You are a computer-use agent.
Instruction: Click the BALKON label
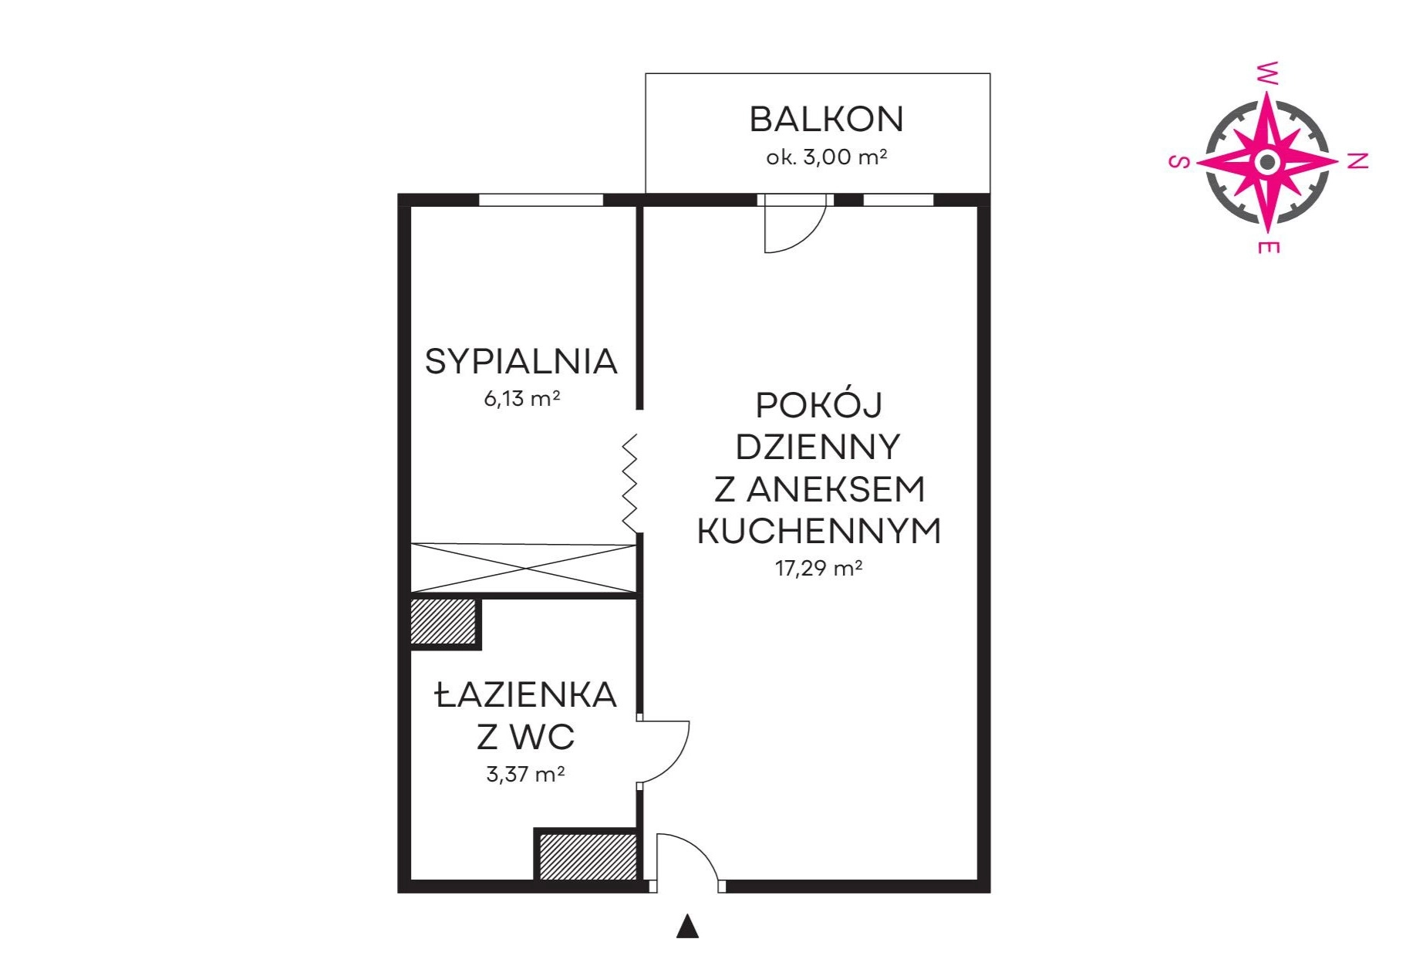pyautogui.click(x=826, y=120)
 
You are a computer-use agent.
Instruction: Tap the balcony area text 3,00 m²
pyautogui.click(x=845, y=157)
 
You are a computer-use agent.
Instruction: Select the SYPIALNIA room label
pyautogui.click(x=521, y=361)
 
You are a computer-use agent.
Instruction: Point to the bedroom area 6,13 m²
pyautogui.click(x=521, y=398)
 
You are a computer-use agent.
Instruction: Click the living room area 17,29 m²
pyautogui.click(x=818, y=568)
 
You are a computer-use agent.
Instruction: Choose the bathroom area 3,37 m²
pyautogui.click(x=525, y=773)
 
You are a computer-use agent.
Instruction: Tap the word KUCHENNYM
pyautogui.click(x=819, y=531)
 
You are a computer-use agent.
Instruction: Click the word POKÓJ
pyautogui.click(x=818, y=405)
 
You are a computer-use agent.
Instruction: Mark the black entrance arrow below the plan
pyautogui.click(x=687, y=927)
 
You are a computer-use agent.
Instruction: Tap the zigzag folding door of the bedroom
pyautogui.click(x=631, y=483)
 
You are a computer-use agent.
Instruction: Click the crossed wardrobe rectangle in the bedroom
pyautogui.click(x=523, y=569)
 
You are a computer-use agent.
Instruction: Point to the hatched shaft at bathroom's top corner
pyautogui.click(x=443, y=622)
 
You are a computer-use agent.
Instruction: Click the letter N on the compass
pyautogui.click(x=1358, y=160)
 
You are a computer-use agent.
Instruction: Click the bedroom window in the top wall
pyautogui.click(x=541, y=200)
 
